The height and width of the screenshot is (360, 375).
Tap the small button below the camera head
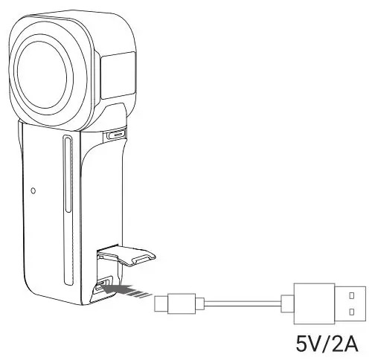116,135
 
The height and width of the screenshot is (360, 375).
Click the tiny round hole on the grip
33,190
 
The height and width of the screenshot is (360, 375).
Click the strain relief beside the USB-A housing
287,302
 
